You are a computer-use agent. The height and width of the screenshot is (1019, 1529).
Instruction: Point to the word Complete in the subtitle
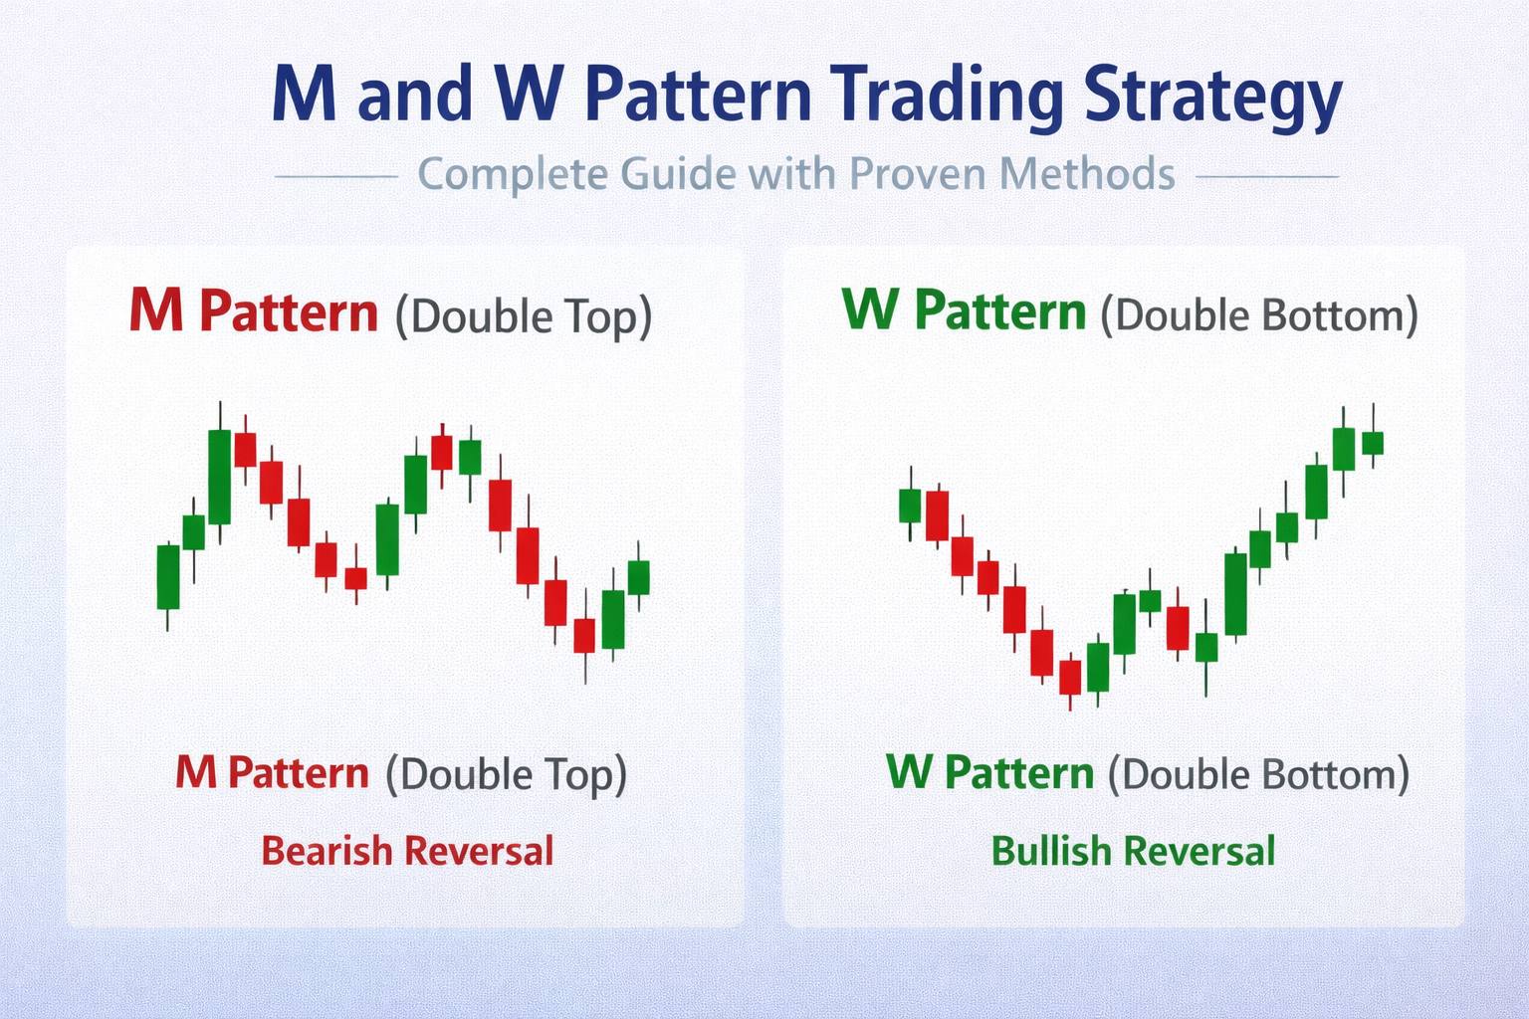pyautogui.click(x=513, y=174)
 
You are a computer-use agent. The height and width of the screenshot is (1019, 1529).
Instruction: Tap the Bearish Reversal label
pyautogui.click(x=407, y=852)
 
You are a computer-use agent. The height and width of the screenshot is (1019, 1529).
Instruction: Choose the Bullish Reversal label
pyautogui.click(x=1133, y=852)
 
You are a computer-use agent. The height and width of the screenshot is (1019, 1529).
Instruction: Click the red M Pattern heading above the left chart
pyautogui.click(x=254, y=312)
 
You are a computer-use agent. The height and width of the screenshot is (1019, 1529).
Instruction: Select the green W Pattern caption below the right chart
pyautogui.click(x=989, y=773)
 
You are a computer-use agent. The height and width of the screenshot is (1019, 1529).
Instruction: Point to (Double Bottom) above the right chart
pyautogui.click(x=1258, y=315)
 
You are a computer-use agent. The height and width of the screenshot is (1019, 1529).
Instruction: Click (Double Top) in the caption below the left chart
pyautogui.click(x=506, y=774)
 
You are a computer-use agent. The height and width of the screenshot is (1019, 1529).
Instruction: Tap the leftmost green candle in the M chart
pyautogui.click(x=168, y=576)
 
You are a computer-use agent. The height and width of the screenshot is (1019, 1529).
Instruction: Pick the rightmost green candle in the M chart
pyautogui.click(x=638, y=577)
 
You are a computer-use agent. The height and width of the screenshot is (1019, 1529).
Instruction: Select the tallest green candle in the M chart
pyautogui.click(x=219, y=477)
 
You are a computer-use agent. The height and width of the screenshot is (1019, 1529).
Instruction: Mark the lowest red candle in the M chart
pyautogui.click(x=584, y=635)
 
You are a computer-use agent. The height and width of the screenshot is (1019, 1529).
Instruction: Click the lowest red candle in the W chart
pyautogui.click(x=1070, y=677)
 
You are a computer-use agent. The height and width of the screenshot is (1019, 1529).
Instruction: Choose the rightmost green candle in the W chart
pyautogui.click(x=1373, y=442)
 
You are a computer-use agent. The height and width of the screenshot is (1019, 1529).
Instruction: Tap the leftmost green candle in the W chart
pyautogui.click(x=910, y=506)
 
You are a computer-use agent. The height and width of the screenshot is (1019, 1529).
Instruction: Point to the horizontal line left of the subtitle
pyautogui.click(x=335, y=177)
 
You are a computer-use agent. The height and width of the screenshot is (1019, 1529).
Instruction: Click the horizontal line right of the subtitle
pyautogui.click(x=1266, y=177)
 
